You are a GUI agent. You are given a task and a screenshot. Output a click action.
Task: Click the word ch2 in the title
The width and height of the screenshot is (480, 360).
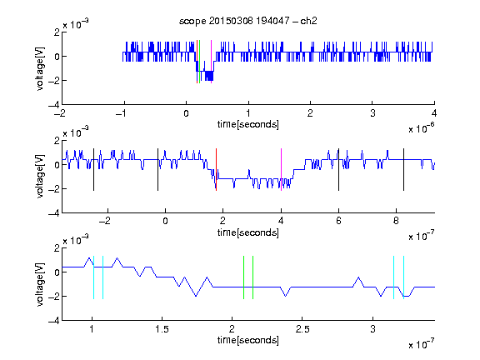tap(308, 21)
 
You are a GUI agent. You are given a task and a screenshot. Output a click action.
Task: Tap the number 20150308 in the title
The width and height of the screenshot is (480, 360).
tap(231, 21)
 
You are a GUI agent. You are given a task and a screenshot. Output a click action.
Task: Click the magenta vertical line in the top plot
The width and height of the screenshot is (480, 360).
tap(211, 62)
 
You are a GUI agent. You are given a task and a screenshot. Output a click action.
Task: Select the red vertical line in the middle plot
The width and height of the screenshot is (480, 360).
tap(216, 170)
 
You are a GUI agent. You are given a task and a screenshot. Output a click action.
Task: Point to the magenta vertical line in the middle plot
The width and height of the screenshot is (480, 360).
tap(281, 170)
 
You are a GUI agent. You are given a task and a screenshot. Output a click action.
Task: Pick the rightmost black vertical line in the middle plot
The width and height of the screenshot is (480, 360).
tap(403, 170)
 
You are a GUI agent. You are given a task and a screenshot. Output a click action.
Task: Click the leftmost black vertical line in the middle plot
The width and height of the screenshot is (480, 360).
tap(93, 170)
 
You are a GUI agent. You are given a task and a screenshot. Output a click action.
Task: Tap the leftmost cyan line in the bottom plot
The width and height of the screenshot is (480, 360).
tap(93, 277)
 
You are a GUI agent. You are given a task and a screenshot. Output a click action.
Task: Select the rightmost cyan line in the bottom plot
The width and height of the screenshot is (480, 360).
tap(404, 277)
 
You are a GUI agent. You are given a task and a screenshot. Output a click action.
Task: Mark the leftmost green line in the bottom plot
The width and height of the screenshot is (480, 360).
tap(243, 277)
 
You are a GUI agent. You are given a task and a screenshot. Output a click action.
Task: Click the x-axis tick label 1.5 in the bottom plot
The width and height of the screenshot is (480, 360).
tap(162, 329)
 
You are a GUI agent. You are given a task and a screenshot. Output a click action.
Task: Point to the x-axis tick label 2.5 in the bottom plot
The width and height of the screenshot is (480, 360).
tap(302, 329)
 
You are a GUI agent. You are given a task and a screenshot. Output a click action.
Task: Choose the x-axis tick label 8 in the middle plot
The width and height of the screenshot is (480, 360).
tap(396, 221)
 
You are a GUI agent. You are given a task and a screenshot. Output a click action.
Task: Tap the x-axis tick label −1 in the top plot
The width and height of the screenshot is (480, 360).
tap(122, 113)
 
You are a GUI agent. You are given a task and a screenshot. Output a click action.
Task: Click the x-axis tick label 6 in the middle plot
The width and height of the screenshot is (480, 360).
tap(338, 221)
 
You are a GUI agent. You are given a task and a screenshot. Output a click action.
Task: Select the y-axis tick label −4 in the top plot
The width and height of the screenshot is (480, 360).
tap(54, 105)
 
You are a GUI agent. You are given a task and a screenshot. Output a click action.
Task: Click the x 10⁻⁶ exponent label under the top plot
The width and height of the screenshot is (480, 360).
tap(422, 128)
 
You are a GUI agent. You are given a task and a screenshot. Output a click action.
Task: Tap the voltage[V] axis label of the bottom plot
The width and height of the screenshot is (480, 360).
tap(40, 284)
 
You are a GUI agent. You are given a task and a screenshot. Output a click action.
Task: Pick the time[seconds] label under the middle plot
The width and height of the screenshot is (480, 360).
tap(248, 232)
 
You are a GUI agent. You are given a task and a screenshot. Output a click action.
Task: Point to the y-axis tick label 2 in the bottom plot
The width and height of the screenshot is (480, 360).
tap(57, 248)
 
